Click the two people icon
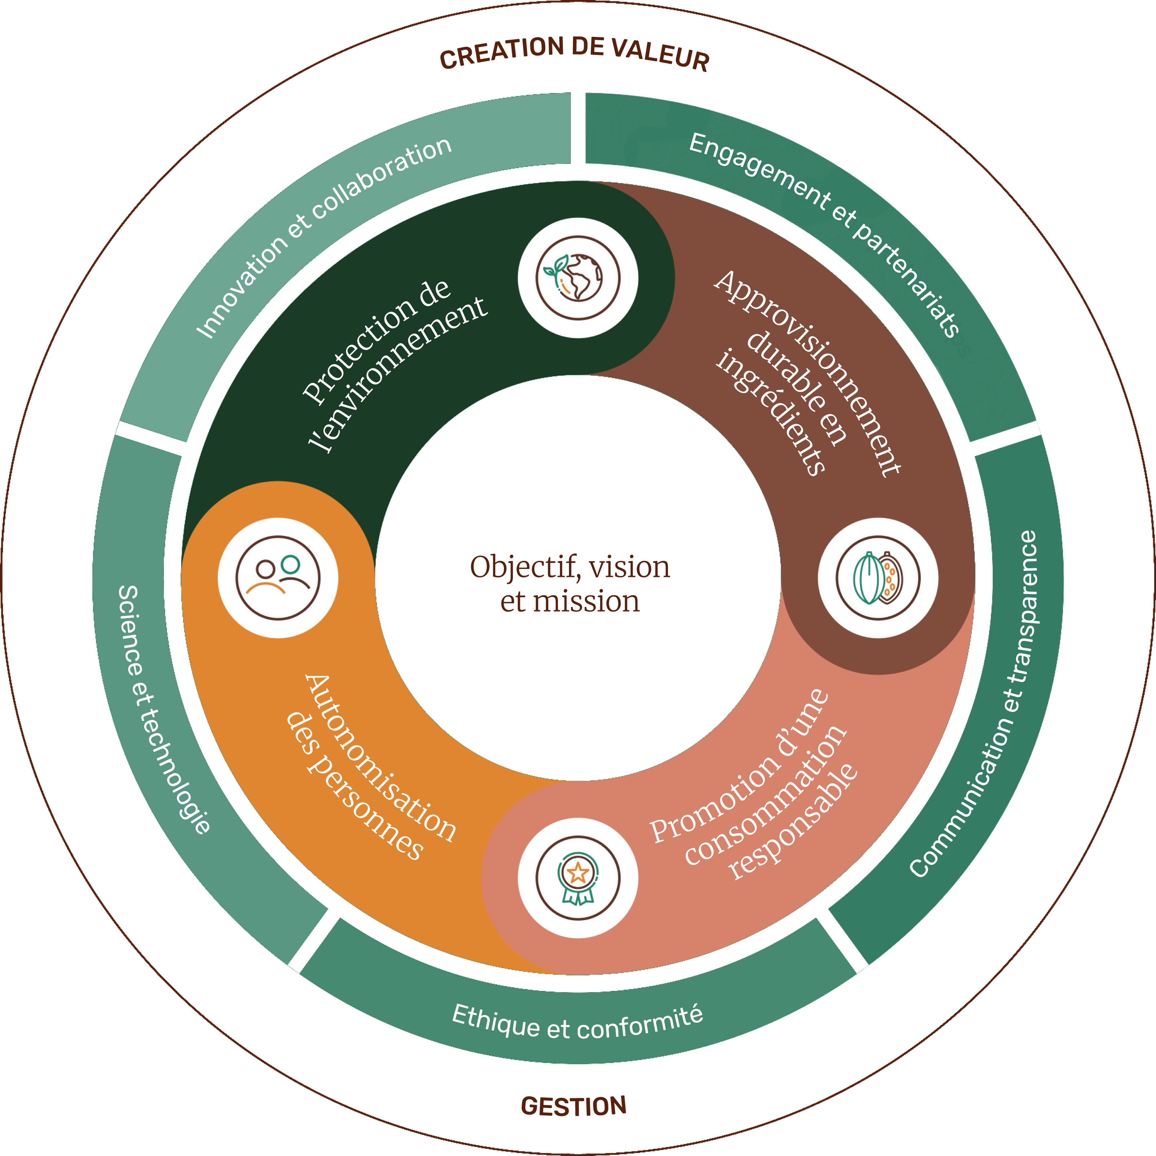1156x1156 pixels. pyautogui.click(x=278, y=578)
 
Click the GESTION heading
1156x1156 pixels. pyautogui.click(x=573, y=1107)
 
